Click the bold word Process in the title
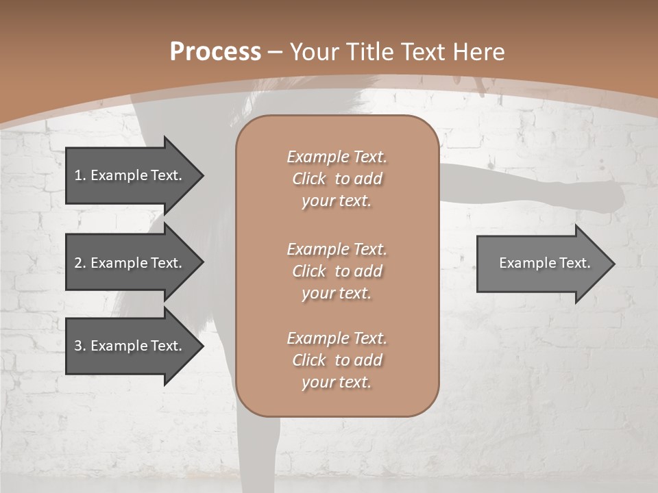[215, 52]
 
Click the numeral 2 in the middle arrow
[78, 263]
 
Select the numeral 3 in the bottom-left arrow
[78, 346]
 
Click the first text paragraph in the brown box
[337, 179]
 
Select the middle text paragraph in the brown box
[337, 271]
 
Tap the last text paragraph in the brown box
[337, 360]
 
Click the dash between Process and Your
[275, 52]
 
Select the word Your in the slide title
[313, 52]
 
